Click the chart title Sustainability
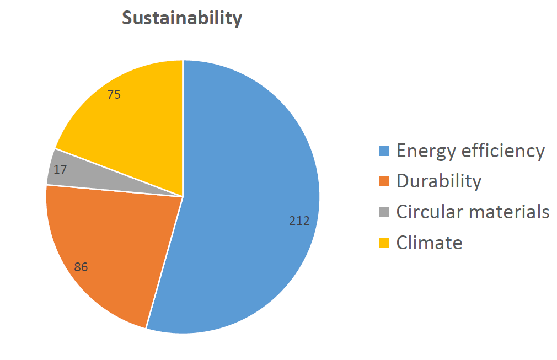point(182,18)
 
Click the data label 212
point(299,221)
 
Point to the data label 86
point(81,267)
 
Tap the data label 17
point(60,169)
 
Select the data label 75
point(114,94)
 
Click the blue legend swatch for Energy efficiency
point(384,151)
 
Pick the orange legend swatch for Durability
point(384,181)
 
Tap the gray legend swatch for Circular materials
point(384,212)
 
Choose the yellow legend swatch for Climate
point(384,243)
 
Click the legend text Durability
point(439,181)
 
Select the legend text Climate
point(430,243)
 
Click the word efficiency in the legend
point(503,151)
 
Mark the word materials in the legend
point(509,212)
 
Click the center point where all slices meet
point(183,197)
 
